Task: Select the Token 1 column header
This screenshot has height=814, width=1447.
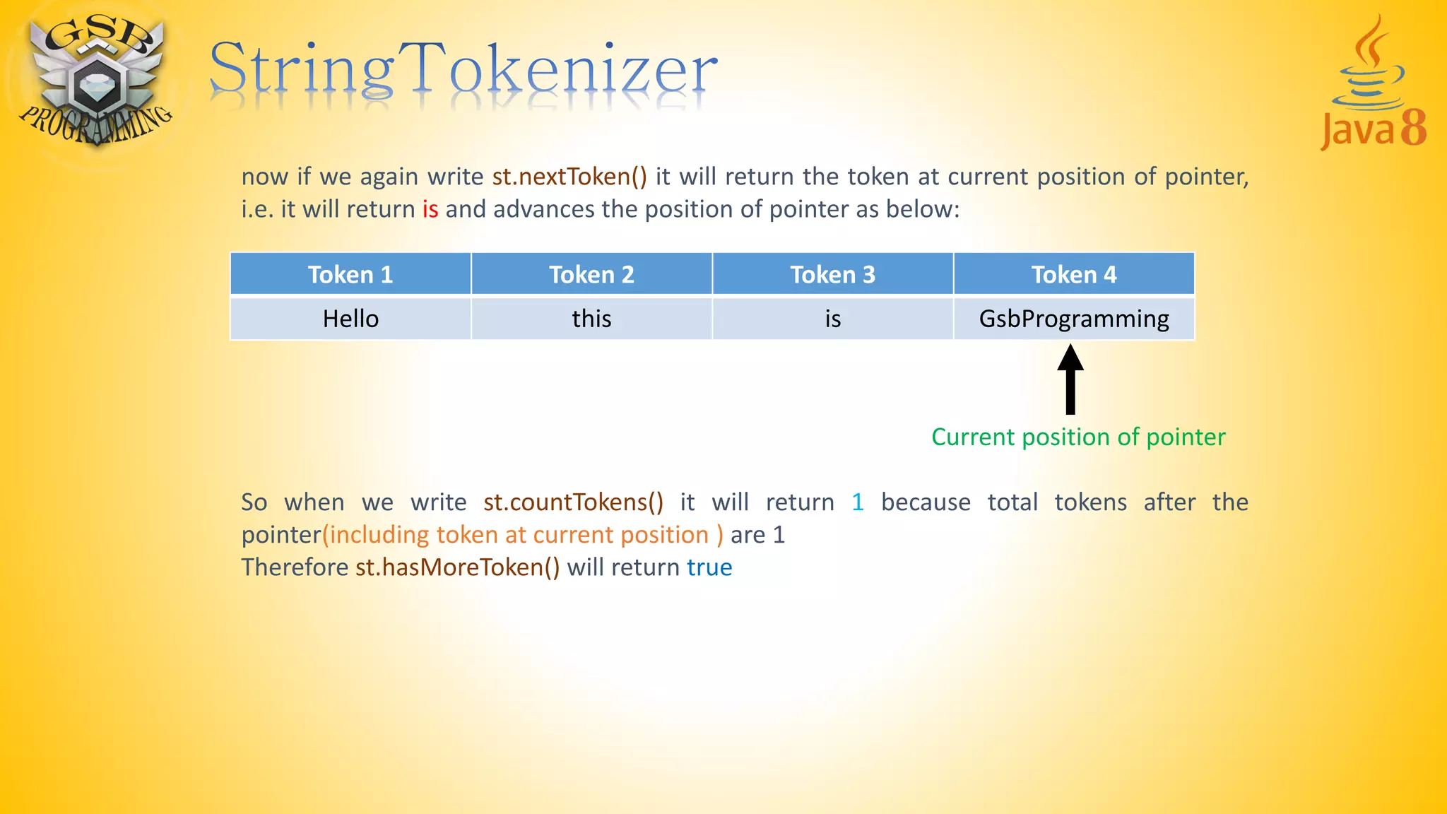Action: (x=350, y=274)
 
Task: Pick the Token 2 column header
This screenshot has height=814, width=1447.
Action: (x=591, y=274)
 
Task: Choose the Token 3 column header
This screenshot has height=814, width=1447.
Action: (x=832, y=274)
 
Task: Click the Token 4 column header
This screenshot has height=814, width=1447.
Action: (x=1073, y=274)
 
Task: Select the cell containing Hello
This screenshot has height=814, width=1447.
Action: (x=350, y=319)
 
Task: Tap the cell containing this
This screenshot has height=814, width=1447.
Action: (x=591, y=319)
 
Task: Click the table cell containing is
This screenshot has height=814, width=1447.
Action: (x=832, y=319)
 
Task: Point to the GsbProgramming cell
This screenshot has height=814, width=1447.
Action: (x=1073, y=319)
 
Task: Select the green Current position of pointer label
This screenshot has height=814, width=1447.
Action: (x=1078, y=437)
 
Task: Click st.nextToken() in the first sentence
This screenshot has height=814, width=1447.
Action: (x=569, y=176)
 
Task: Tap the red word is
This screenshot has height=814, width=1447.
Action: (x=430, y=209)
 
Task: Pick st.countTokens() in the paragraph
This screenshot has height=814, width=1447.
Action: (x=573, y=502)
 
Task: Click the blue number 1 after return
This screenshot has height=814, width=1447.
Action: (x=857, y=502)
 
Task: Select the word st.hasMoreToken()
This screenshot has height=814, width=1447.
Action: (x=457, y=567)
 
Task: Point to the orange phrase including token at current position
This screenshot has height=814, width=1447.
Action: (x=522, y=535)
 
